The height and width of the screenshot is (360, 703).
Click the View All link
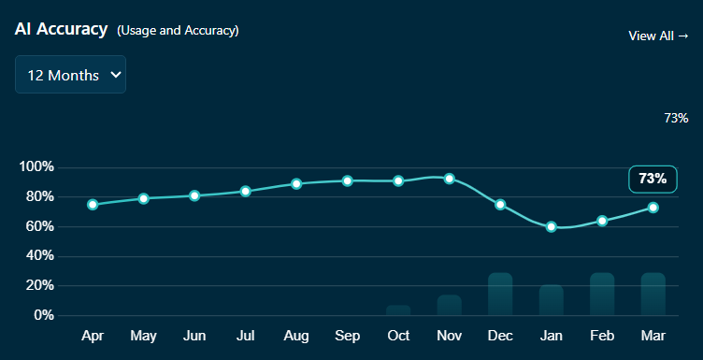pos(658,36)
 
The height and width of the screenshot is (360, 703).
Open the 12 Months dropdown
pos(70,75)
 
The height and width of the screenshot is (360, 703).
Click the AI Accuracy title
pos(61,29)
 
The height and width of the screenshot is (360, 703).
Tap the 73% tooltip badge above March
pos(653,179)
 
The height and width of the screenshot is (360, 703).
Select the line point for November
pos(450,179)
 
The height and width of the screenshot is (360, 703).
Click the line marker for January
pos(551,227)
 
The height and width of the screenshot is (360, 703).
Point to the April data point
pos(93,205)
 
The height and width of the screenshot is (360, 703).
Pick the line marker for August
pos(296,184)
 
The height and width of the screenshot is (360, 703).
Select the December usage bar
pos(500,295)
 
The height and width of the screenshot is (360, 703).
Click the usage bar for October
pos(398,310)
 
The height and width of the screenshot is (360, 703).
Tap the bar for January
pos(551,300)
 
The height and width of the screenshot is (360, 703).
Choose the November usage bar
pos(450,306)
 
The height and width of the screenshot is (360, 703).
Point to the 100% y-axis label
pos(36,167)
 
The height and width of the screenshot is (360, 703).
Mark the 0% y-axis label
pos(44,315)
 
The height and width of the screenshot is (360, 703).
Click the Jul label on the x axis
pos(245,336)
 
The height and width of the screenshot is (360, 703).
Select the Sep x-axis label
pos(347,336)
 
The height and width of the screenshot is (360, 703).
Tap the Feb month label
pos(602,336)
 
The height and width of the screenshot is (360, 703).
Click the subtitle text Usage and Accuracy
pos(178,31)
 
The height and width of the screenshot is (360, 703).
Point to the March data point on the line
pos(653,208)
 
